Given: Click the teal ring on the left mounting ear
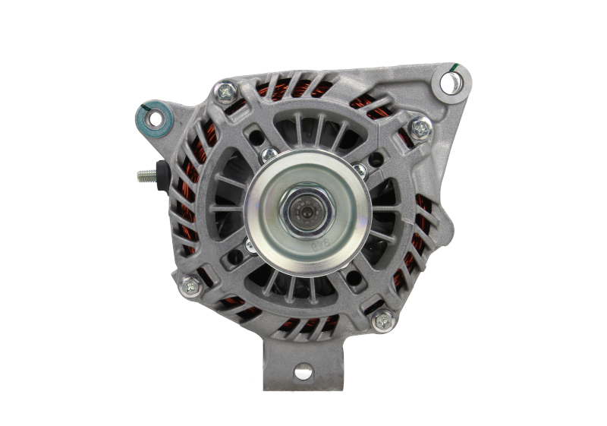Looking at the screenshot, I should [156, 117].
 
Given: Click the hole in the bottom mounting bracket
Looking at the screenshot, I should [303, 372].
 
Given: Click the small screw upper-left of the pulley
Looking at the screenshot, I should [266, 155].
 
